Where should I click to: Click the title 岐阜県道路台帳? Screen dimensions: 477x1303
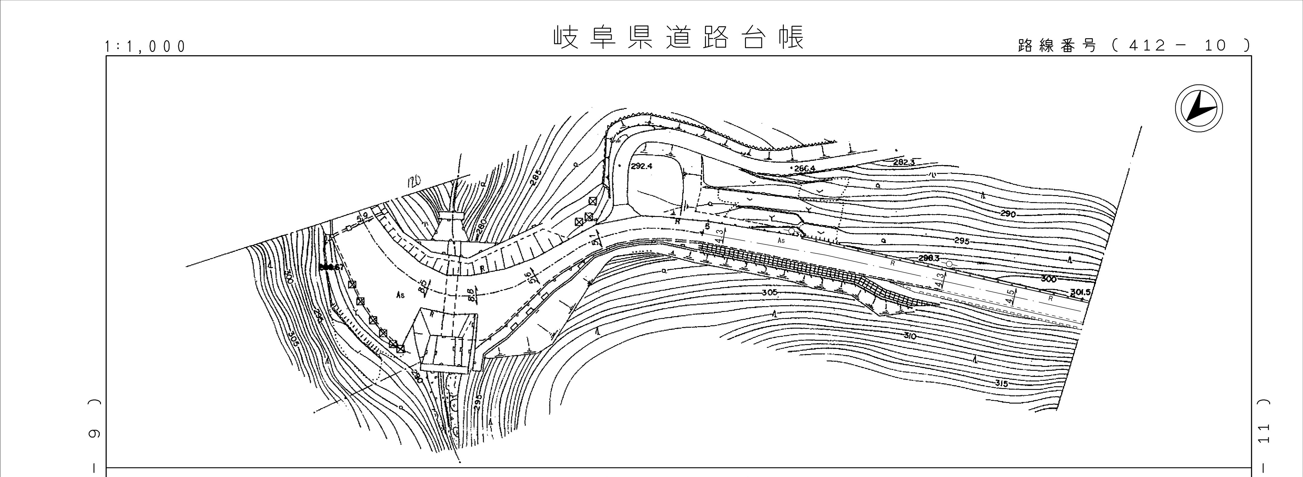point(678,37)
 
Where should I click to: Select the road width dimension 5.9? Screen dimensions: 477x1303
point(362,218)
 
